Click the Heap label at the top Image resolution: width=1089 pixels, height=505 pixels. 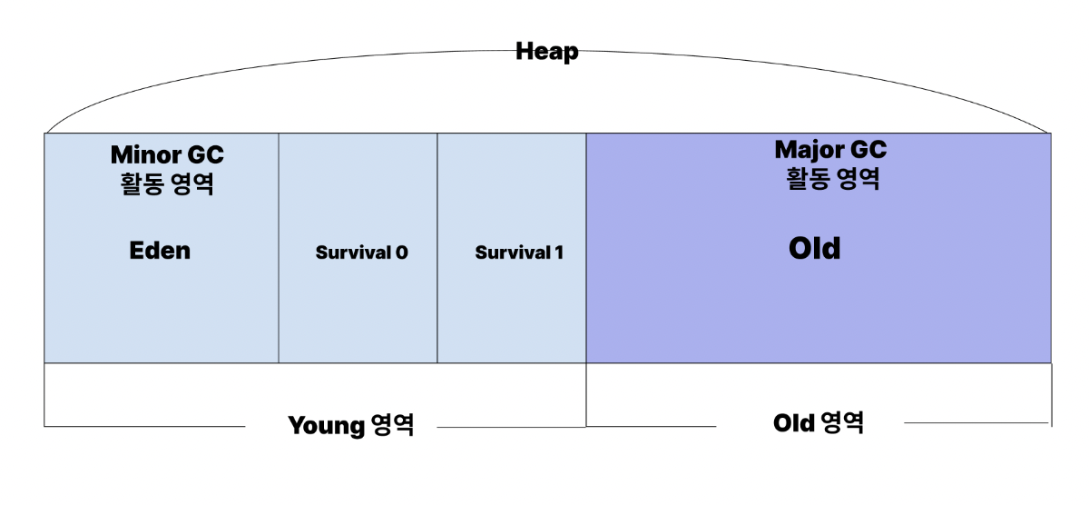tap(546, 52)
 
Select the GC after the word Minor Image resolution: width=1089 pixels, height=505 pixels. tap(207, 154)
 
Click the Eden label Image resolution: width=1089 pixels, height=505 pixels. tap(160, 251)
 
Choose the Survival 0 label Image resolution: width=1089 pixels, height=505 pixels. tap(361, 252)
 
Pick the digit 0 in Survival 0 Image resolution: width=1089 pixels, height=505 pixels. tap(401, 252)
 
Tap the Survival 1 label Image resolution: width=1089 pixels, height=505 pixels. tap(519, 252)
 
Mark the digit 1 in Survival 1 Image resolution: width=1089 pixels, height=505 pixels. tap(558, 252)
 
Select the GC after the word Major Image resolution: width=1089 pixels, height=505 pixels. tap(869, 149)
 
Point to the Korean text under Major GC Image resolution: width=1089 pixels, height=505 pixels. tap(831, 178)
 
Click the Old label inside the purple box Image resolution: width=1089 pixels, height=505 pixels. tap(814, 249)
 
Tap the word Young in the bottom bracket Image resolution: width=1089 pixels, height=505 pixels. tap(327, 425)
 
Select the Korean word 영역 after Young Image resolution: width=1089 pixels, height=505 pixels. tap(392, 425)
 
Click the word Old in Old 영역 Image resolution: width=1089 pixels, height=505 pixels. tap(793, 422)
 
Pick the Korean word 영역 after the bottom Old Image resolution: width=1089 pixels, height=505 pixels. tap(842, 422)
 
